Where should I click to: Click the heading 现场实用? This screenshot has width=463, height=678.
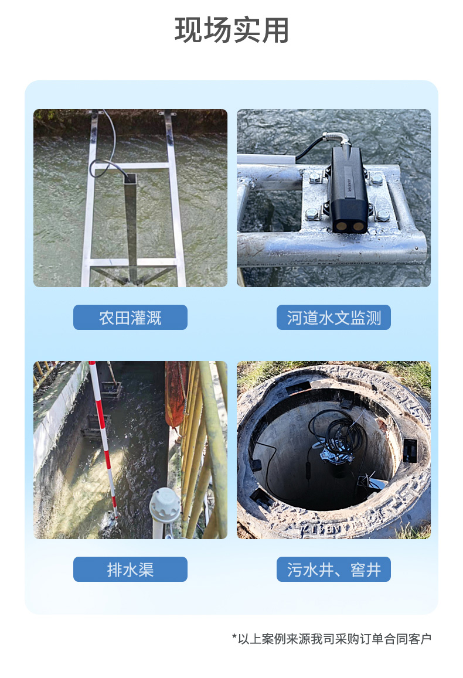tap(231, 30)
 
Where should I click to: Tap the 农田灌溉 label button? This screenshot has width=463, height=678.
tap(130, 318)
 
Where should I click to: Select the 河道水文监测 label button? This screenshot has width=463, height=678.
tap(333, 318)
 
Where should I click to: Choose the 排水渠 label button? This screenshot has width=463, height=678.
tap(130, 569)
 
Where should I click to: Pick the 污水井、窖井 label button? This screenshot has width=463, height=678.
tap(333, 569)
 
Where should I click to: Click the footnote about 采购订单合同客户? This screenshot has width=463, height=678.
tap(332, 639)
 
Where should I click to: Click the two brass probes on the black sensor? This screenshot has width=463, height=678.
tap(351, 226)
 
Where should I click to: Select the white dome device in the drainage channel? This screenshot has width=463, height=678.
tap(165, 506)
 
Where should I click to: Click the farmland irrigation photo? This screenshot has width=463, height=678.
tap(130, 198)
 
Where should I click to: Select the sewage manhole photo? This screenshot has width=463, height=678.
tap(333, 449)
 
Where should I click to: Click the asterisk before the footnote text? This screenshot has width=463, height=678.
tap(234, 636)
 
